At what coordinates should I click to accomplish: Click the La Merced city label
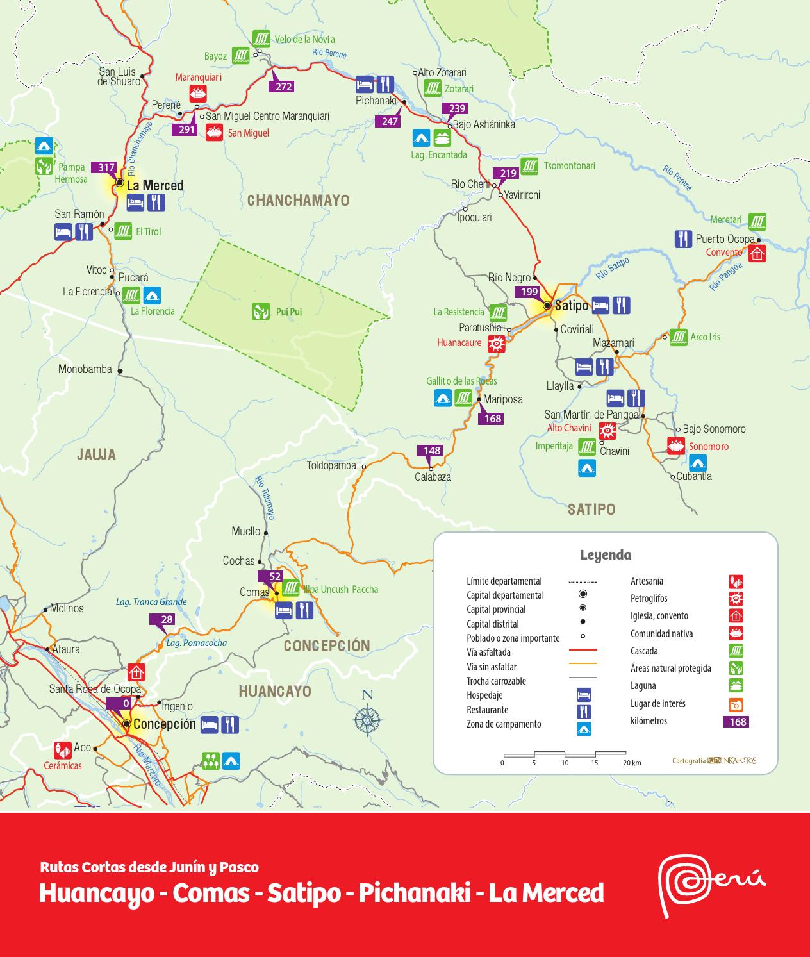click(154, 186)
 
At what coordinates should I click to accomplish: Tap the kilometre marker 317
click(106, 168)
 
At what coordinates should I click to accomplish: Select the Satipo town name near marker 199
click(572, 306)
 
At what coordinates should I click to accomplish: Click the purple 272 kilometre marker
click(283, 87)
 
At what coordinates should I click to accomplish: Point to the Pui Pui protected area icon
click(260, 312)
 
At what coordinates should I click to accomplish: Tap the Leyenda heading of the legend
click(605, 555)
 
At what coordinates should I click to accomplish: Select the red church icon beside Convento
click(757, 253)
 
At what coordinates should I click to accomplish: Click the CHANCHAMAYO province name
click(298, 201)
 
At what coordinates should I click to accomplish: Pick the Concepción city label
click(165, 724)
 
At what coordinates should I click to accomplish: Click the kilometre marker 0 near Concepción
click(126, 703)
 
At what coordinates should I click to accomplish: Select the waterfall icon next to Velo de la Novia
click(260, 39)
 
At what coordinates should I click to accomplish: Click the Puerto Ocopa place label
click(725, 239)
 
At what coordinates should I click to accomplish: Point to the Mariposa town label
click(502, 399)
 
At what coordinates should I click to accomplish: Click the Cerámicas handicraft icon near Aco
click(63, 750)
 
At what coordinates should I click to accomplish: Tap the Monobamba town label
click(85, 369)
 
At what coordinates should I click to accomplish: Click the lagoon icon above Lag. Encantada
click(442, 137)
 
